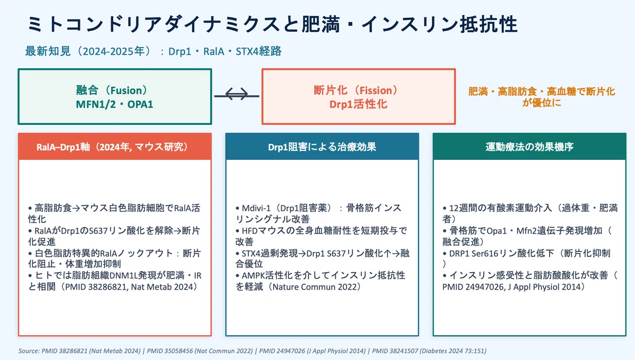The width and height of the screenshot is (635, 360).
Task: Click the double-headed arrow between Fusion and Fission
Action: coord(237,94)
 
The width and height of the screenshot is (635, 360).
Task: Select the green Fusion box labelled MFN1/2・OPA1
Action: coord(115,96)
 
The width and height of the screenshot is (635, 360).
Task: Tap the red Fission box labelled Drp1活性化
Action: coord(359,96)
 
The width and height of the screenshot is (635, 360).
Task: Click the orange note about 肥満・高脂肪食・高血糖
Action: coord(541,97)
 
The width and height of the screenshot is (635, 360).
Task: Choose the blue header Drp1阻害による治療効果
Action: coord(322,147)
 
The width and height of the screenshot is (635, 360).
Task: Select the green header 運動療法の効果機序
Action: coord(529,147)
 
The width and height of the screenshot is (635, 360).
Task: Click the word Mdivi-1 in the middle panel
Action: coord(256,209)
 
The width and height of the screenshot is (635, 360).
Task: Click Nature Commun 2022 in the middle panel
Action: coord(312,287)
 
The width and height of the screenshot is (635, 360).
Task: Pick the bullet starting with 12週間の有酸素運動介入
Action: coord(530,213)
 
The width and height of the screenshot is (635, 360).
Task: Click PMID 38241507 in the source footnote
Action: coord(395,351)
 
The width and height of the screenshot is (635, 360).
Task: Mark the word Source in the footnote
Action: coord(29,351)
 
